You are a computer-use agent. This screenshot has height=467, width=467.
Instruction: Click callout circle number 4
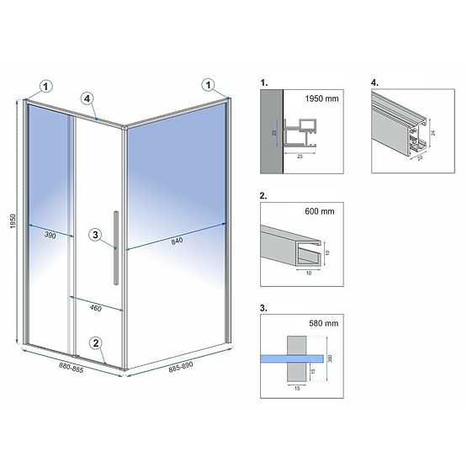[x=87, y=98]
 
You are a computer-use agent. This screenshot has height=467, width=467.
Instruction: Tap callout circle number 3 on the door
[x=96, y=234]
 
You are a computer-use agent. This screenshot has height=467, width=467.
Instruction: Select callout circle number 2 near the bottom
[x=97, y=342]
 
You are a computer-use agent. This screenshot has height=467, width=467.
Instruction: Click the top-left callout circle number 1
[x=45, y=84]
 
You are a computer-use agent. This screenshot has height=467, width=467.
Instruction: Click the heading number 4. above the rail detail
[x=374, y=84]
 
